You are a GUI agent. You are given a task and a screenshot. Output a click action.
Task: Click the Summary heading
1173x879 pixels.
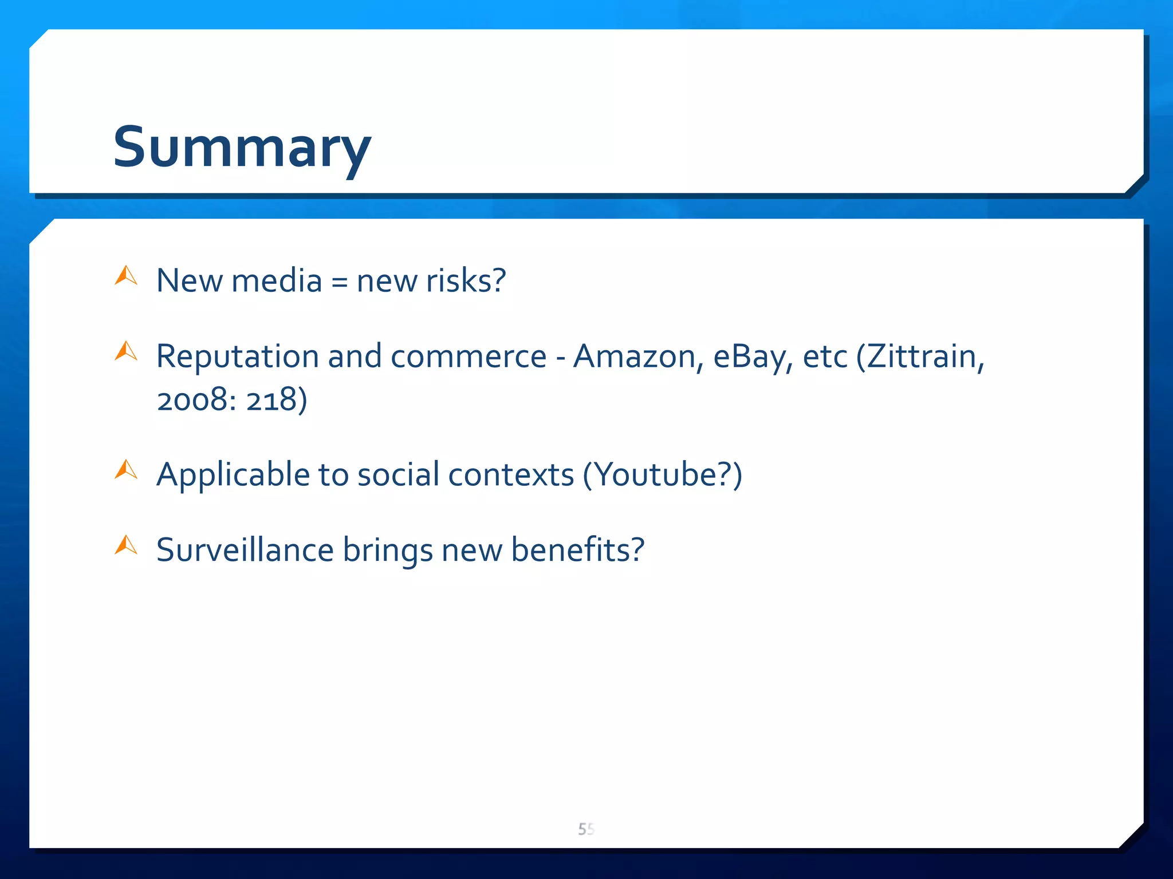click(242, 148)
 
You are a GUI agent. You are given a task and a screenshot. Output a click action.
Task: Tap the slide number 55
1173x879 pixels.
click(586, 829)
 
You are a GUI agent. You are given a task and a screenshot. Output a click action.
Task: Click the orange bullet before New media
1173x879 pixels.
click(126, 276)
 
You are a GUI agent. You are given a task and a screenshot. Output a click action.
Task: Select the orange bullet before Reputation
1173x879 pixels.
click(126, 351)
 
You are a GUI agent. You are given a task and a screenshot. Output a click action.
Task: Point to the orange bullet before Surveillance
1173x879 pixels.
click(126, 545)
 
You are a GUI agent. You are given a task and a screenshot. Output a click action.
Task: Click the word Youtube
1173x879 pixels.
click(653, 475)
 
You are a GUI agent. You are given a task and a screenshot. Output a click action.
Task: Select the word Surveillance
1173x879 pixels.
click(245, 550)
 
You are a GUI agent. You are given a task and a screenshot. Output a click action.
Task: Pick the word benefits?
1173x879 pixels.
click(577, 550)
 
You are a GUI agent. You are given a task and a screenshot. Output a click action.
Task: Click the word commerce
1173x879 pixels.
click(469, 357)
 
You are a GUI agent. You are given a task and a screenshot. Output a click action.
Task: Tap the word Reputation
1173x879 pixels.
click(237, 357)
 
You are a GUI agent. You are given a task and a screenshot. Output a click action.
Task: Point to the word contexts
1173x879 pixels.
click(511, 475)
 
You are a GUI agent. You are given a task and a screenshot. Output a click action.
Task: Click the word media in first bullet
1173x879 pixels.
click(277, 280)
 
